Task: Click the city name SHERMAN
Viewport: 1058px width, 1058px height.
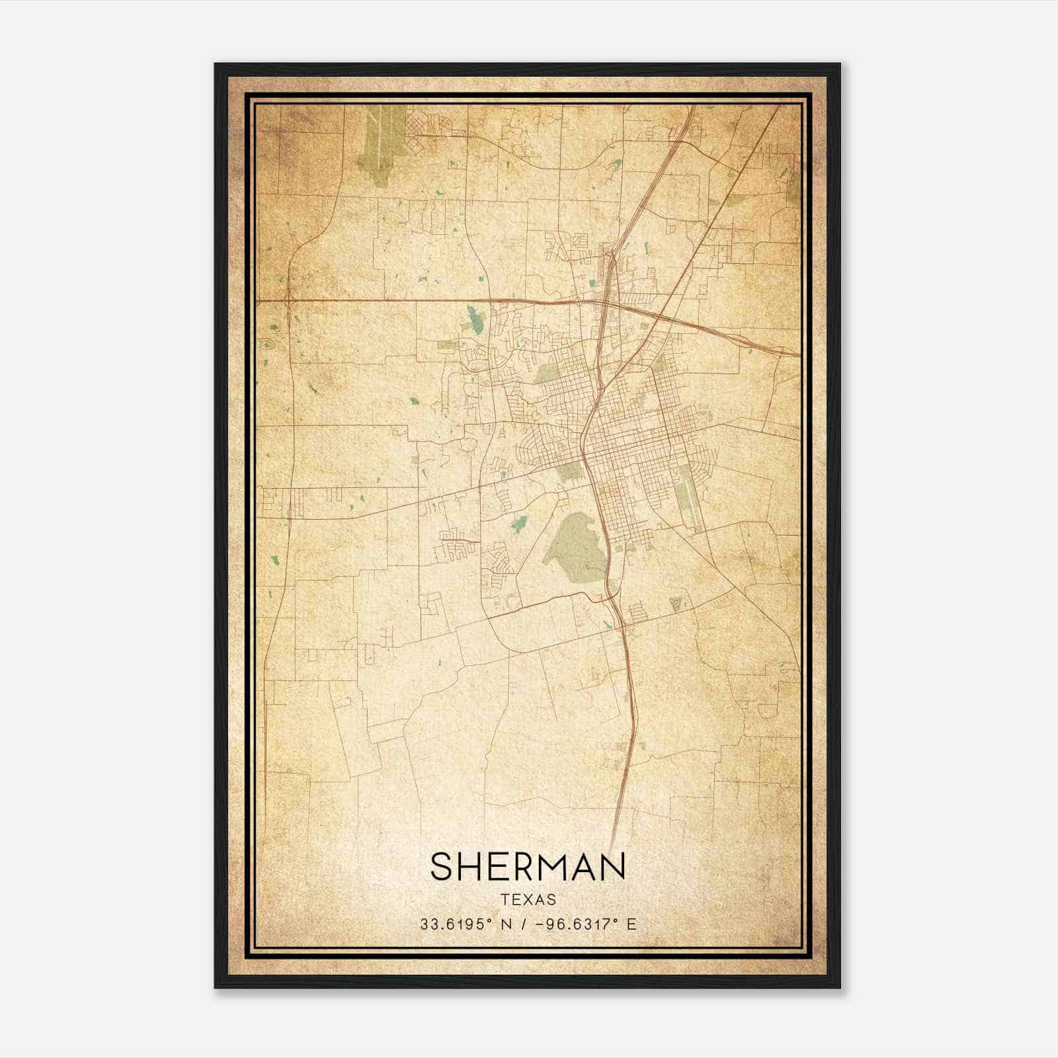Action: click(528, 866)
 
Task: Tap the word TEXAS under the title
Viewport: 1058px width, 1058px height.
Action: click(528, 900)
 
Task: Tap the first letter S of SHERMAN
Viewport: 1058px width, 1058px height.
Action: click(442, 866)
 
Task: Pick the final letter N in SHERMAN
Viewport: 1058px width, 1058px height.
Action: click(613, 866)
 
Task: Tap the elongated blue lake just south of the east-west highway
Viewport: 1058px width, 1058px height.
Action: click(473, 319)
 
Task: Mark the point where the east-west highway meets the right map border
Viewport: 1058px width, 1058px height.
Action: click(799, 354)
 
